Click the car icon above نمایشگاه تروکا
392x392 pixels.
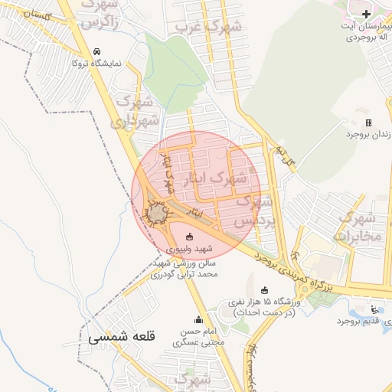96,51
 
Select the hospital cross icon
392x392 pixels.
366,14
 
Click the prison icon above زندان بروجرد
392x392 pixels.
368,122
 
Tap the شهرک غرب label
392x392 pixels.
208,28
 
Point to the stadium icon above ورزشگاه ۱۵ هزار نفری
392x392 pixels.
265,290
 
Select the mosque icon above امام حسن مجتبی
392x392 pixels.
198,320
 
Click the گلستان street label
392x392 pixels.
34,14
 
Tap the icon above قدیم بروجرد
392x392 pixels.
374,309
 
